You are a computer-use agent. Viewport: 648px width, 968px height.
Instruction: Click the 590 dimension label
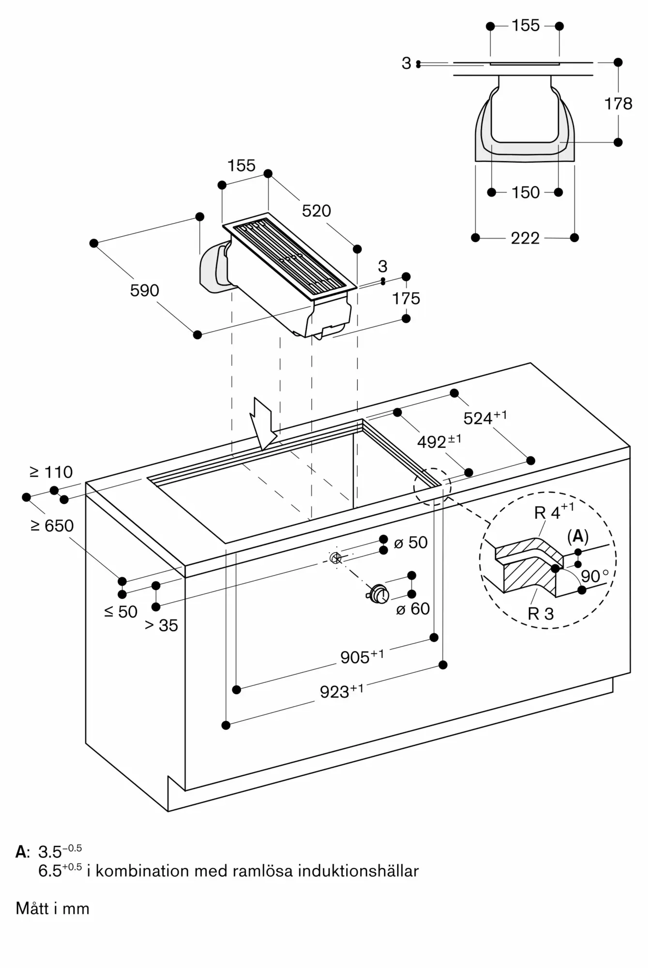[144, 290]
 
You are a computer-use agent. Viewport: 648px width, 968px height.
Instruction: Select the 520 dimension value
[316, 211]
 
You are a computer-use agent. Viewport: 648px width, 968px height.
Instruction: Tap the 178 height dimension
[618, 104]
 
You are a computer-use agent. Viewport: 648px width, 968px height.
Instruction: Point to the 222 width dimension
[525, 238]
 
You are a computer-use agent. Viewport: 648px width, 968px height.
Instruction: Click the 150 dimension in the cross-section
[526, 193]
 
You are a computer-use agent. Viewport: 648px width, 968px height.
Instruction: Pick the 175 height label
[406, 299]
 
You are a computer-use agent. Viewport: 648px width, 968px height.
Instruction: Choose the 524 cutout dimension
[484, 418]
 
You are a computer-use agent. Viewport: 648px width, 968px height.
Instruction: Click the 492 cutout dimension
[438, 441]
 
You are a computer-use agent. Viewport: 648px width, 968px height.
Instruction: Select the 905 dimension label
[362, 657]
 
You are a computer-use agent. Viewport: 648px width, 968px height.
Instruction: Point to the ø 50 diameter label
[411, 543]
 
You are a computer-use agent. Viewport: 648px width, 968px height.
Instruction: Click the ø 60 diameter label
[413, 608]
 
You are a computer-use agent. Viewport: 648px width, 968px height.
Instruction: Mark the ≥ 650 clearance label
[52, 526]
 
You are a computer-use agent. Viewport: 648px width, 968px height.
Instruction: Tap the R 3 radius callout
[540, 614]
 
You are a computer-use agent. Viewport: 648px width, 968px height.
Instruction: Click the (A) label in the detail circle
[577, 536]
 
